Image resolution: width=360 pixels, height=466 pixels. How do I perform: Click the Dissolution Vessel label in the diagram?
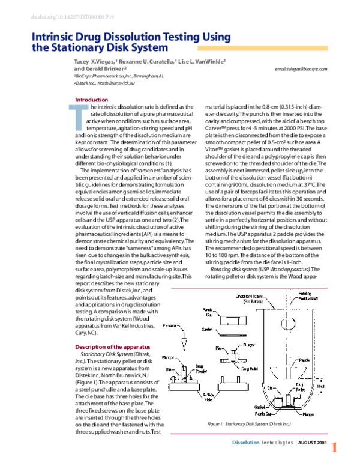(x=250, y=298)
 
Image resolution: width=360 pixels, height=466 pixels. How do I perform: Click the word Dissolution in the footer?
(x=247, y=442)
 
